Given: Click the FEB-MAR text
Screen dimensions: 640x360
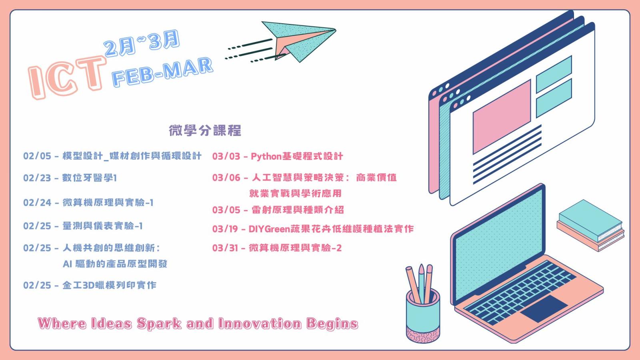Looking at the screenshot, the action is [162, 72].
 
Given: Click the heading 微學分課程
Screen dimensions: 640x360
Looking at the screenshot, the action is [205, 130].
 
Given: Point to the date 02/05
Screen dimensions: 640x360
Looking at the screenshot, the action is [37, 156].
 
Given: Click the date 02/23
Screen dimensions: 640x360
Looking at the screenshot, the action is [37, 178].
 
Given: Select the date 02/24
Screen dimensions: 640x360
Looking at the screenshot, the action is [37, 202].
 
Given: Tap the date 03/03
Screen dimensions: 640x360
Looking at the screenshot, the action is [226, 156].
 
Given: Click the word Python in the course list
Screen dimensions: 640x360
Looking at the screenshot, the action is [266, 156].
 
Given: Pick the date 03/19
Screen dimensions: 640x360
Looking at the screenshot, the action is [225, 229].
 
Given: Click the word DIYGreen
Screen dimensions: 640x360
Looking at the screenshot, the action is [270, 229].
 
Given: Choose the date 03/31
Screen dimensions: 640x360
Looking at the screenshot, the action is [225, 248].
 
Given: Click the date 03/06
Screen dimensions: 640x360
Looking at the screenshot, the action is [226, 178].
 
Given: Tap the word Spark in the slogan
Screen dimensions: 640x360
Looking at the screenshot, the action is [159, 324].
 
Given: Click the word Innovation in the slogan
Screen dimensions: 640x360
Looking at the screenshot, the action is [260, 324].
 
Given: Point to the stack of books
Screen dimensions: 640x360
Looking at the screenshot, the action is [590, 226].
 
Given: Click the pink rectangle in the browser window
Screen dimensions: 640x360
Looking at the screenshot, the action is [502, 117].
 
